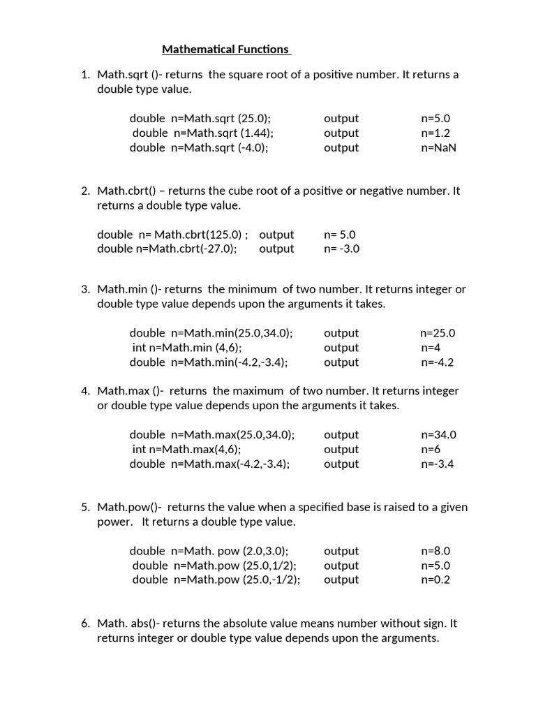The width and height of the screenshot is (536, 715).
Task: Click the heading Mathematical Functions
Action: pyautogui.click(x=225, y=49)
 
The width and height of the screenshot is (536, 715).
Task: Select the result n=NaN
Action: pyautogui.click(x=438, y=147)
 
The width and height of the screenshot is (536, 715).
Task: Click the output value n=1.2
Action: pyautogui.click(x=435, y=133)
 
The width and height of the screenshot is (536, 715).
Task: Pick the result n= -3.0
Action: pyautogui.click(x=342, y=249)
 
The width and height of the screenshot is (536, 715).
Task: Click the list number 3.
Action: pyautogui.click(x=85, y=289)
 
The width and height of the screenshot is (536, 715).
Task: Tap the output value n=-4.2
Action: pyautogui.click(x=438, y=362)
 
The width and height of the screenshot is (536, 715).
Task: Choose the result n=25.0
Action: pyautogui.click(x=438, y=333)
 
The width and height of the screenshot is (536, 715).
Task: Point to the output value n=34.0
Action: pyautogui.click(x=438, y=434)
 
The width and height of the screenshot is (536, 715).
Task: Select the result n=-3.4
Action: pyautogui.click(x=438, y=464)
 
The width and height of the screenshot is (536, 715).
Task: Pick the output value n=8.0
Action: pyautogui.click(x=435, y=551)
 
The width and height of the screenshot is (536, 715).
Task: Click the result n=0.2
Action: pyautogui.click(x=435, y=580)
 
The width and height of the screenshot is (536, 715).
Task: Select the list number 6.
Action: pyautogui.click(x=85, y=624)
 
